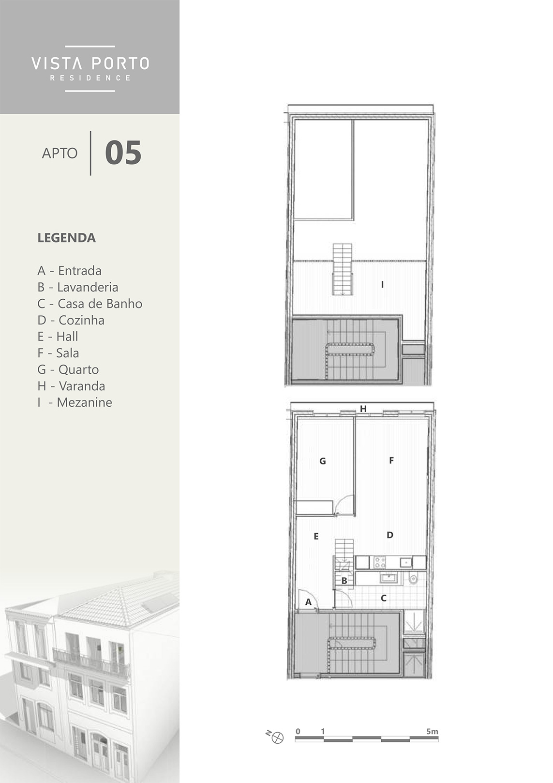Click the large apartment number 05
pos(123,153)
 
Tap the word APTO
pos(60,153)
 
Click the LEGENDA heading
pos(66,238)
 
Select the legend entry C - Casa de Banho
pos(90,304)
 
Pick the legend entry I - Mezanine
pos(75,402)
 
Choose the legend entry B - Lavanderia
pos(78,287)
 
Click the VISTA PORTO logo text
pos(90,63)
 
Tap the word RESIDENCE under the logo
pos(90,78)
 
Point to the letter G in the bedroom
pos(322,461)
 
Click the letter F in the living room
pos(391,461)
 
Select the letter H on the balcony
pos(363,409)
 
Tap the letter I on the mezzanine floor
pos(383,285)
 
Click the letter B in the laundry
pos(344,581)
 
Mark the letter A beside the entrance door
pos(308,602)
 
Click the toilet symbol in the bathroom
pos(413,579)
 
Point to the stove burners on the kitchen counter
pos(380,562)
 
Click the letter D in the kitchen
pos(390,535)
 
